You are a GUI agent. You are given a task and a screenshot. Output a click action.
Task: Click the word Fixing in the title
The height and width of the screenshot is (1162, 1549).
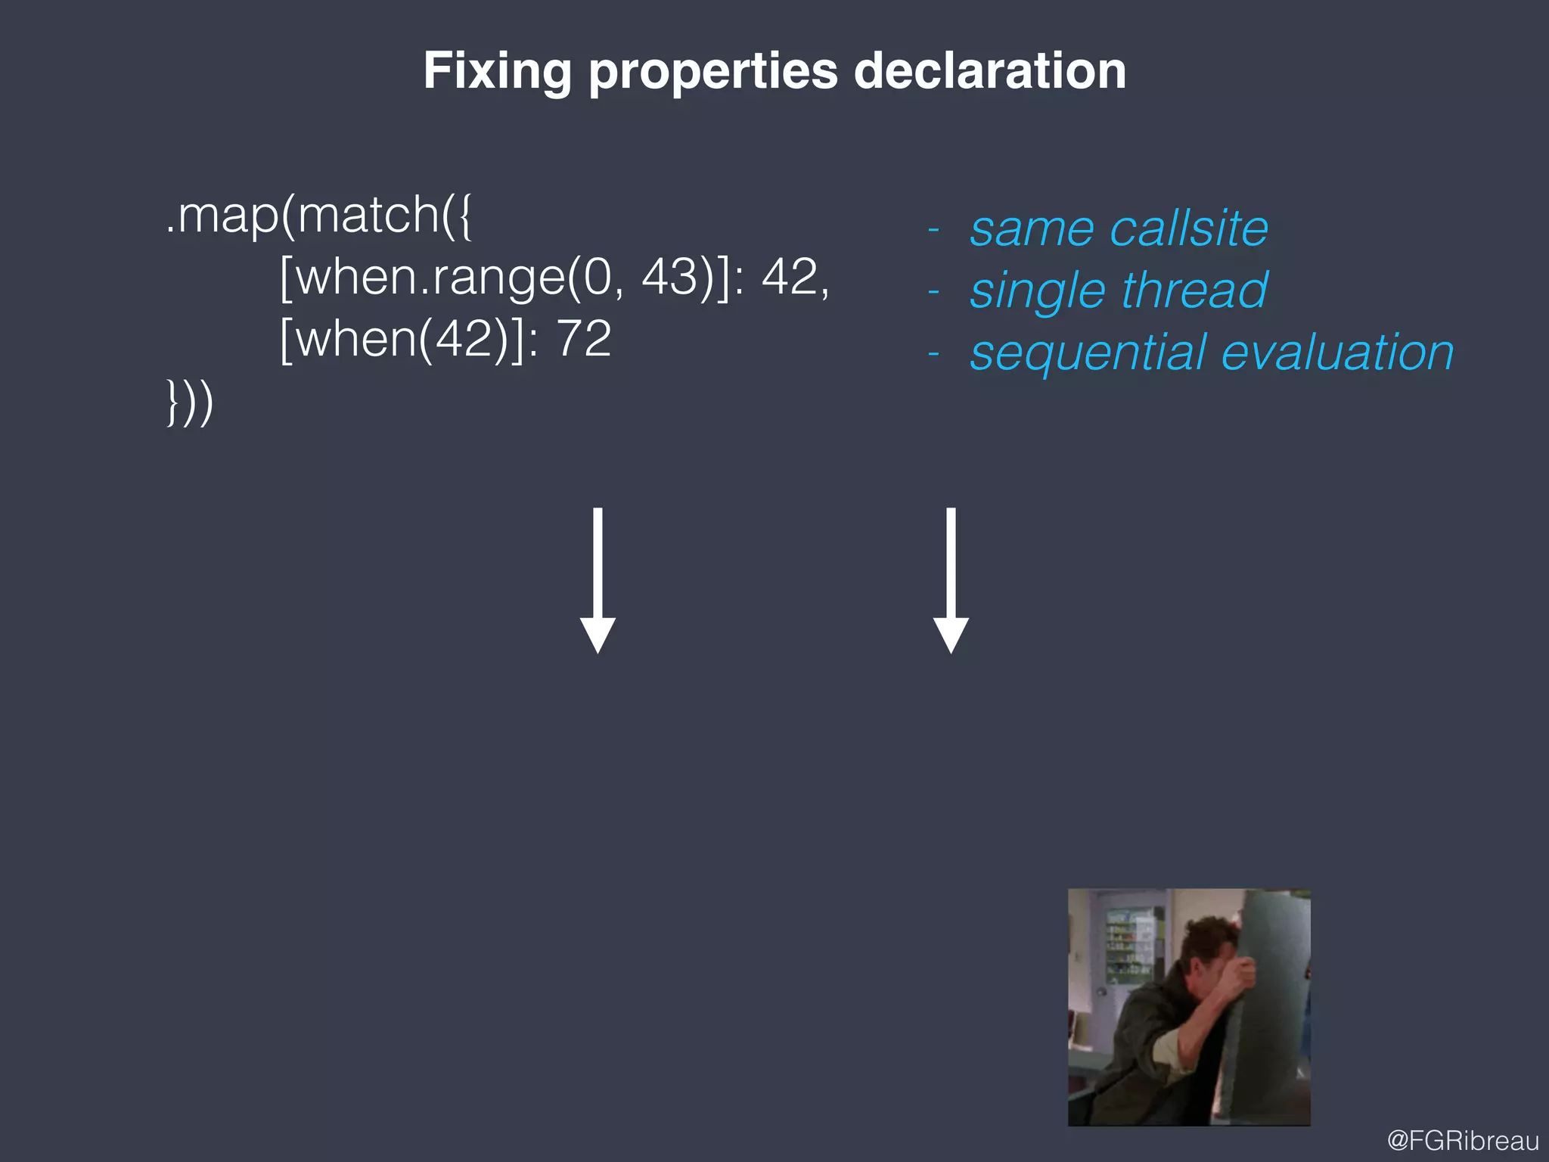point(497,71)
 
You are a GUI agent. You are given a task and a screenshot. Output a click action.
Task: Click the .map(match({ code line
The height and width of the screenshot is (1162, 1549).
point(318,216)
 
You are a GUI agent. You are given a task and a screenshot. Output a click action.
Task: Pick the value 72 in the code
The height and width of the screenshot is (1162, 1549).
point(583,339)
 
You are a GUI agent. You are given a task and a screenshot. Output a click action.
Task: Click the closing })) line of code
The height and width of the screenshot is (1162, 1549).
point(190,402)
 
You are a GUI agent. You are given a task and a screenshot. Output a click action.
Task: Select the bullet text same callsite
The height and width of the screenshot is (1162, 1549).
point(1119,228)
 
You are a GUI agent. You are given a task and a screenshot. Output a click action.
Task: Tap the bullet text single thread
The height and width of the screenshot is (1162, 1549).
point(1119,290)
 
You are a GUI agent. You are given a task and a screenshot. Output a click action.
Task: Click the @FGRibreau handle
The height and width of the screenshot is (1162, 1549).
point(1463,1140)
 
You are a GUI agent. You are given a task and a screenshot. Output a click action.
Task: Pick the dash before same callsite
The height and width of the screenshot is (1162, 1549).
point(934,230)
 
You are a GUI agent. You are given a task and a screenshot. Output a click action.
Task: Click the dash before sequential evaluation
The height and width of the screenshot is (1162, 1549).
point(934,354)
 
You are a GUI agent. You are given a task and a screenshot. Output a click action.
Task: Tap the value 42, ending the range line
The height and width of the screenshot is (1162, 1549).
point(794,277)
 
